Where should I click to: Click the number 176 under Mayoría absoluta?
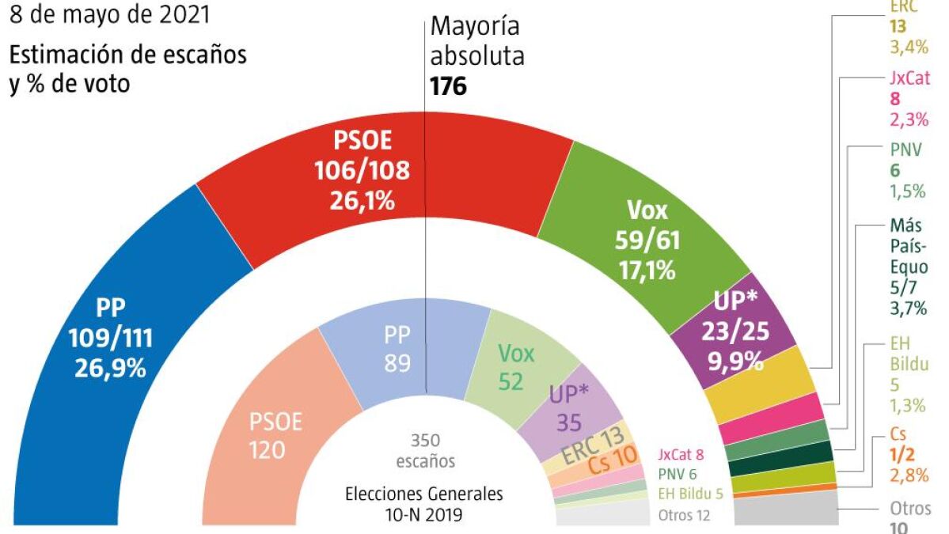click(448, 85)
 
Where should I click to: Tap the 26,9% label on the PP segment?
click(111, 367)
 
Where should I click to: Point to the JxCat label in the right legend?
click(906, 78)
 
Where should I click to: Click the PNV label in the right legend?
click(905, 149)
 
